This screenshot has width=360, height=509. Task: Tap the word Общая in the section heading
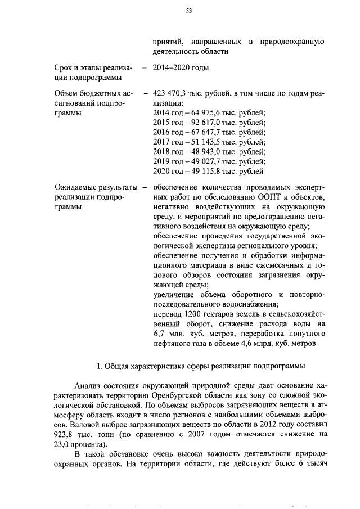tap(119, 367)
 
